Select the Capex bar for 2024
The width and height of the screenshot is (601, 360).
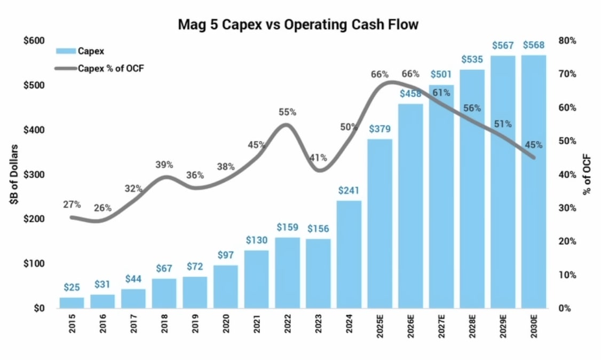tap(349, 254)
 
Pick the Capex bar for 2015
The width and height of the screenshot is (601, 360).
tap(72, 303)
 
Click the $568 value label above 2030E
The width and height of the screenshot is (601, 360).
tap(534, 45)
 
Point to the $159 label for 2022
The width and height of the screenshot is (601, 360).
tap(287, 227)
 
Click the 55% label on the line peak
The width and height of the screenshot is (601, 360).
tap(287, 112)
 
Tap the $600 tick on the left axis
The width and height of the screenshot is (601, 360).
tap(33, 41)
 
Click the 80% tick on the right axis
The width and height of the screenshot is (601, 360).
tap(567, 41)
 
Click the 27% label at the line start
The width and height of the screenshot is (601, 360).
tap(72, 204)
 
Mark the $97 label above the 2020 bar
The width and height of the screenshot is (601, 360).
tap(225, 255)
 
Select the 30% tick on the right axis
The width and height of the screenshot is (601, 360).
tap(567, 208)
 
